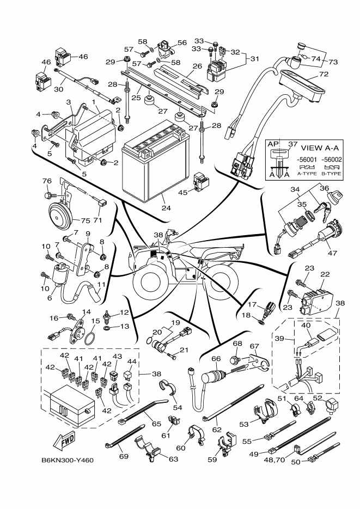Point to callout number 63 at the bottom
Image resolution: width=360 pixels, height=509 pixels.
(x=173, y=459)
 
